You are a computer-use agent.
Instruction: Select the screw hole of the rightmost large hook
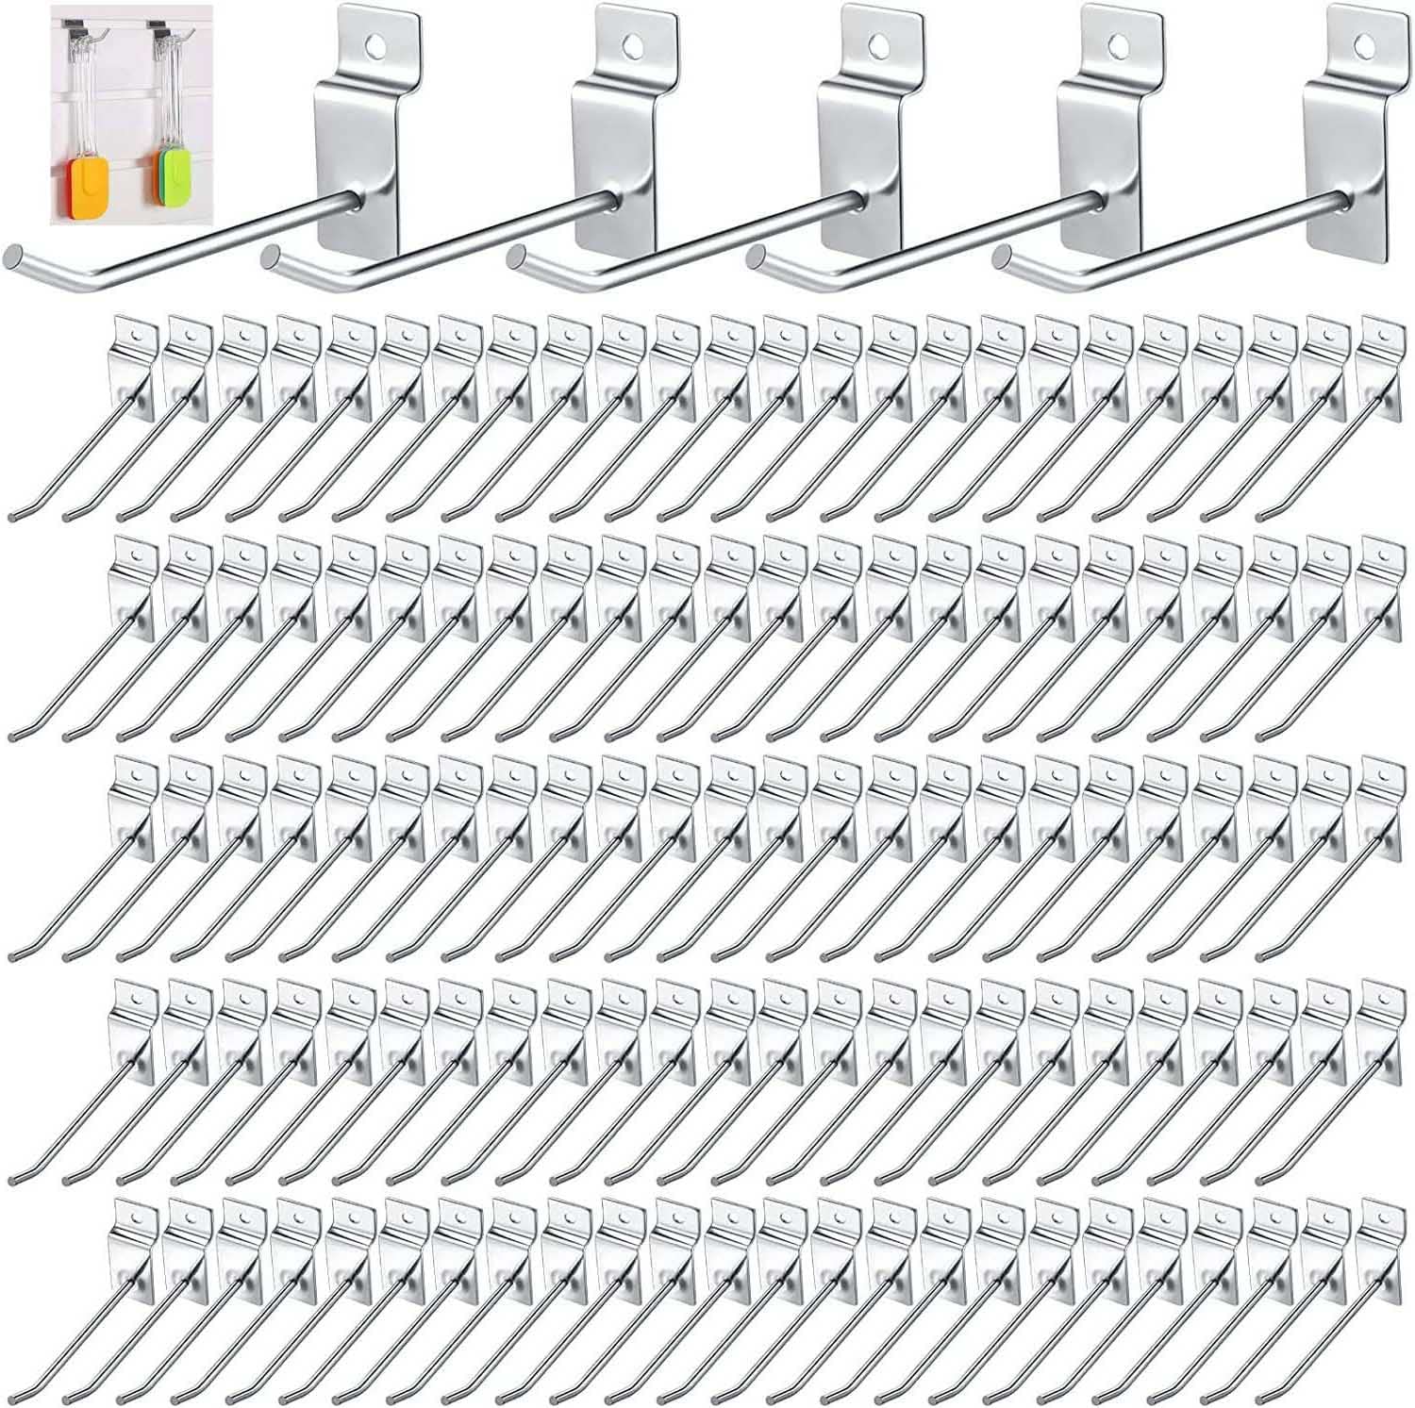(x=1363, y=43)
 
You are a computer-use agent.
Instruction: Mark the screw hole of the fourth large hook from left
(x=1119, y=43)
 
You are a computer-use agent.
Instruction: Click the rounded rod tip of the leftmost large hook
(x=13, y=256)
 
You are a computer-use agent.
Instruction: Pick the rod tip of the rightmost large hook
(x=1003, y=256)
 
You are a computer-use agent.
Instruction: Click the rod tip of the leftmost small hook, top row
(x=13, y=518)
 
